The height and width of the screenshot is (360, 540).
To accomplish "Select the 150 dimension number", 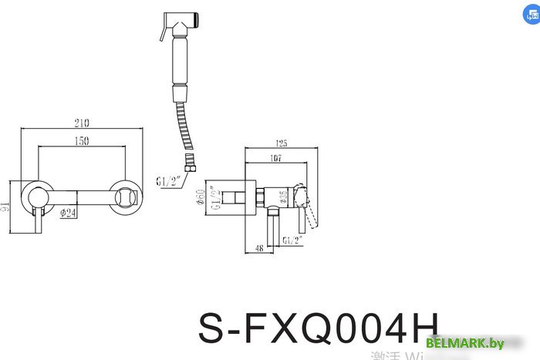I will click(80, 141).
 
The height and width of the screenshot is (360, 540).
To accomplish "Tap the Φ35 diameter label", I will click(284, 199).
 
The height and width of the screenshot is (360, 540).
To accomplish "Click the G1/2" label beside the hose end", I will click(167, 182).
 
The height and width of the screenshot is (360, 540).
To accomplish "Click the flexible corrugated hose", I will click(183, 123).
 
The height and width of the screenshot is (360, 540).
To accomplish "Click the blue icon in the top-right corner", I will click(530, 15).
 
